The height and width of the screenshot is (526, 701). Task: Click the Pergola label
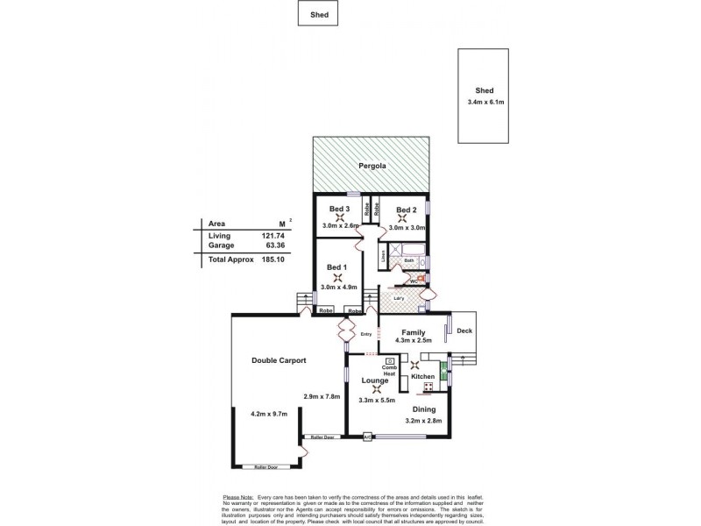pyautogui.click(x=372, y=165)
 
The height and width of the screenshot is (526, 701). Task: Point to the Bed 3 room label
pyautogui.click(x=339, y=209)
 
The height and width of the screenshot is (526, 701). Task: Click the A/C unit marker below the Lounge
pyautogui.click(x=369, y=436)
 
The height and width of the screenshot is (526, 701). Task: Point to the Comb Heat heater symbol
pyautogui.click(x=389, y=361)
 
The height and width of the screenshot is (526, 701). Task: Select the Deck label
pyautogui.click(x=464, y=331)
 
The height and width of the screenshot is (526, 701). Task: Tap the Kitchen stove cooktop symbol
pyautogui.click(x=428, y=387)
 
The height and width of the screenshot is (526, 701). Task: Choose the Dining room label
pyautogui.click(x=425, y=407)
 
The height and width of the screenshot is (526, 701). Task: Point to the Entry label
pyautogui.click(x=366, y=334)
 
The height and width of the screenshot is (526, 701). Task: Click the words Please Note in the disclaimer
pyautogui.click(x=239, y=496)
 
